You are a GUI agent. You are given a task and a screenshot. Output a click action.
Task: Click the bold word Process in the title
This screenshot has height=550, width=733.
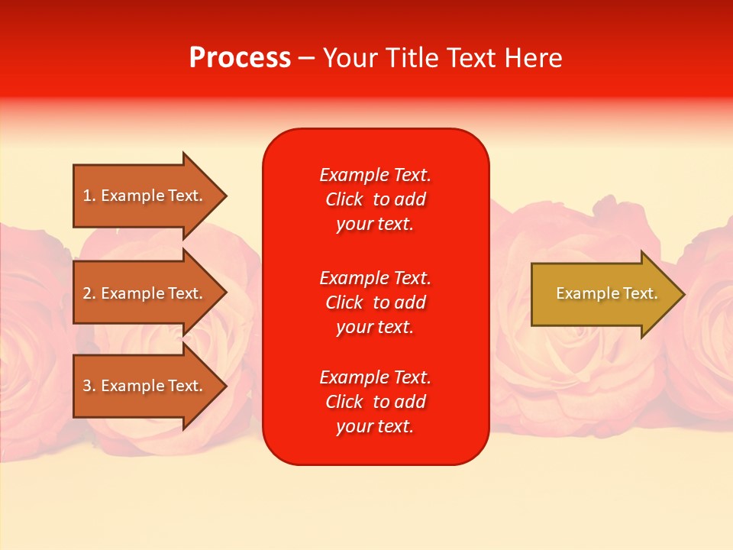coord(240,58)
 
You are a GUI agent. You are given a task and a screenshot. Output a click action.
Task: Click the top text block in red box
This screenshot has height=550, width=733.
coord(375,199)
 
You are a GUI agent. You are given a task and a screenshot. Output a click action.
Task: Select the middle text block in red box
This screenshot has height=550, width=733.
coord(375,302)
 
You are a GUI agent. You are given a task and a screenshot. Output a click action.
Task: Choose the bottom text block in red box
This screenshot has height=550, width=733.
coord(375,402)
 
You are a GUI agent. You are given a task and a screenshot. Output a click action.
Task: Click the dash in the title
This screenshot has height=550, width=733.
coord(306,59)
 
